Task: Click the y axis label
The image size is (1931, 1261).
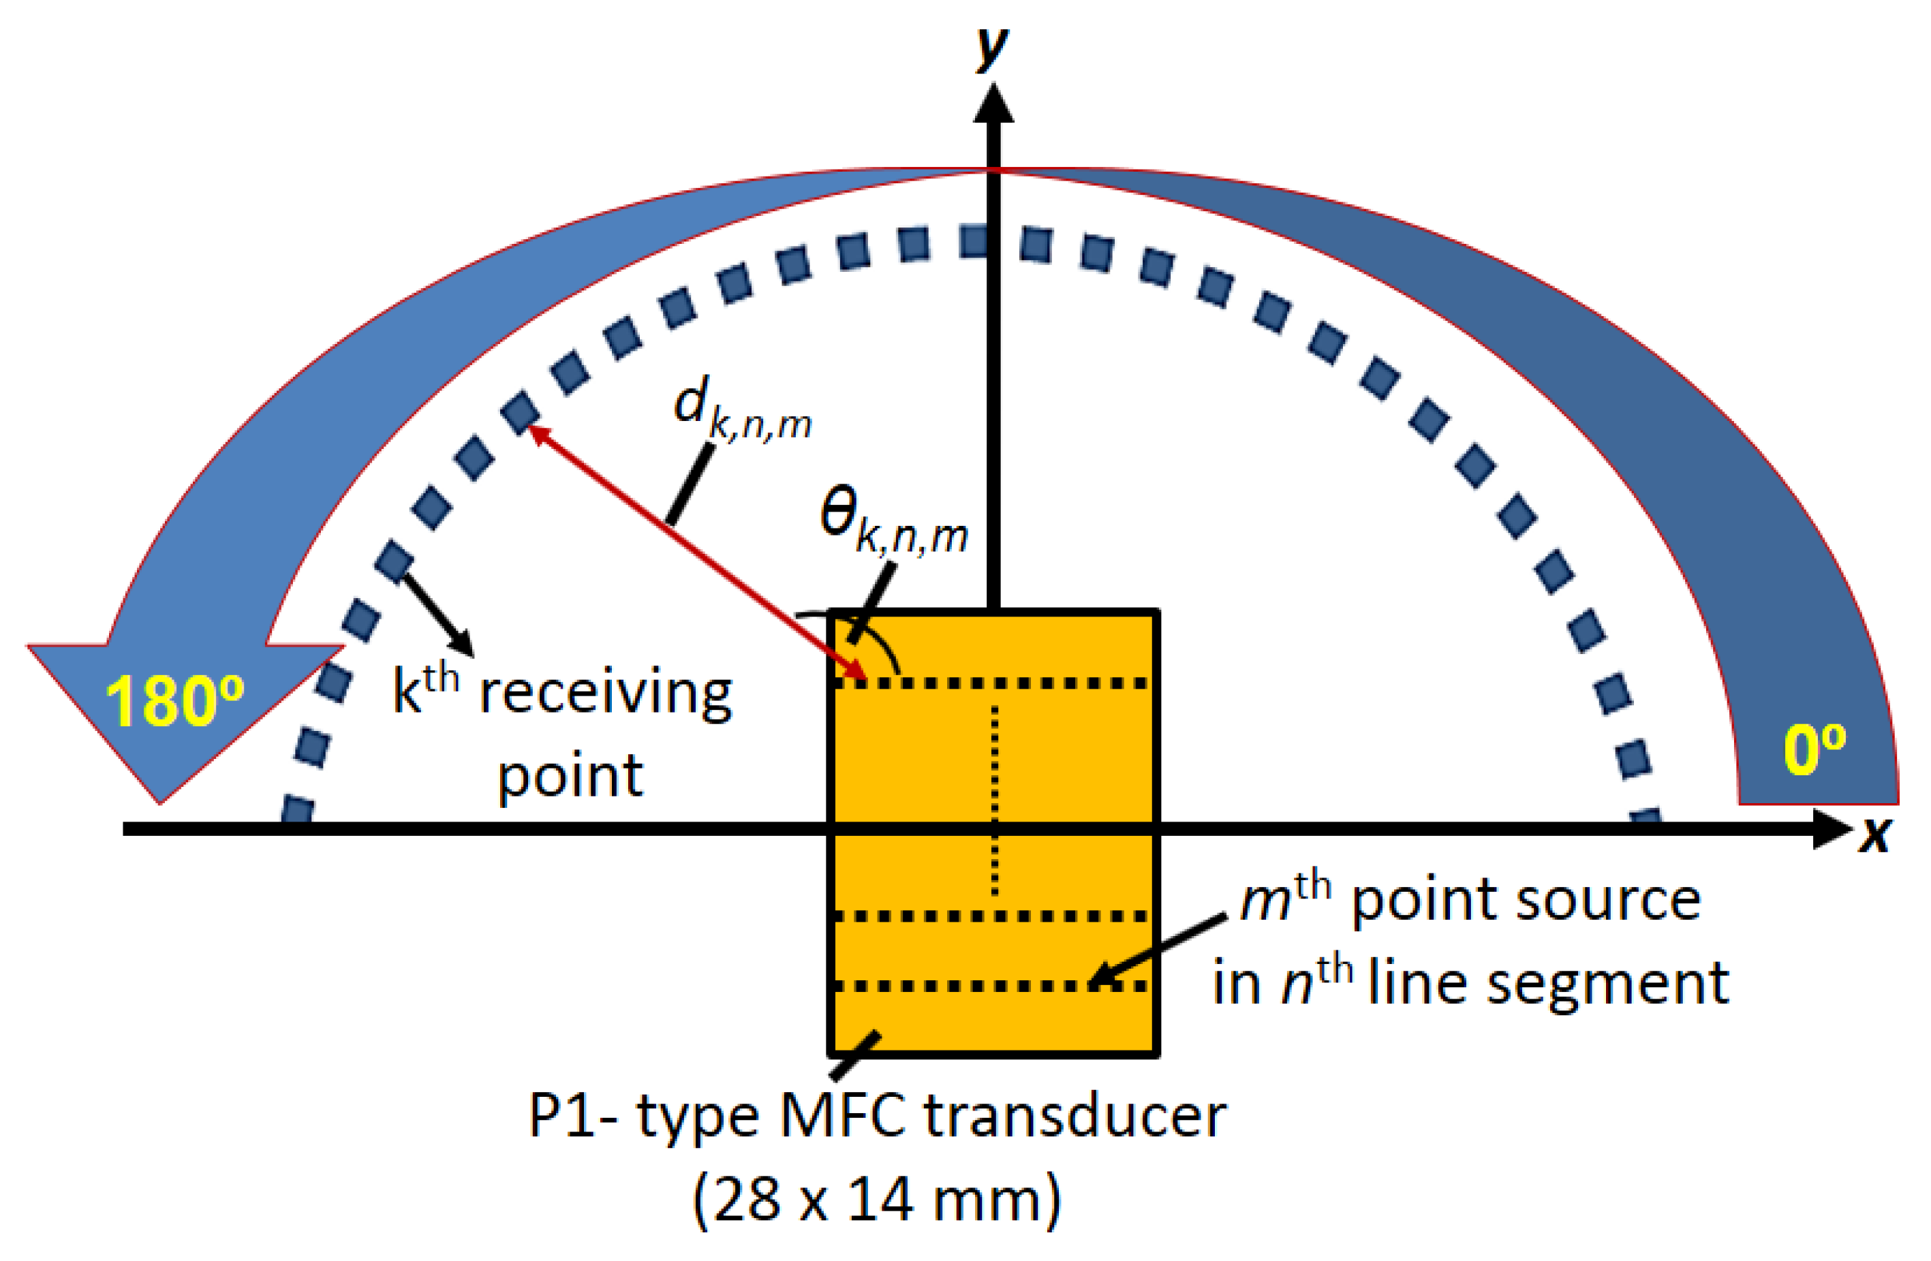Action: pyautogui.click(x=991, y=48)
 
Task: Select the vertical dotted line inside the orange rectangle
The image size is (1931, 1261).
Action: pyautogui.click(x=995, y=799)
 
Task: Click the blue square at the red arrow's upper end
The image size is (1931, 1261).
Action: pyautogui.click(x=520, y=412)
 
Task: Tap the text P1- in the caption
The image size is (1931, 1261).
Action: pyautogui.click(x=572, y=1117)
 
